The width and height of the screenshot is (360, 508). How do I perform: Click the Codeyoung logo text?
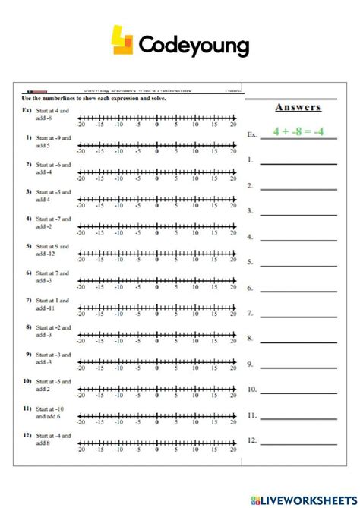[194, 46]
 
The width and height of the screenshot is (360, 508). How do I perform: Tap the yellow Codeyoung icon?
[122, 41]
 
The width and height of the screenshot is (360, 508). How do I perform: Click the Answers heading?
[298, 108]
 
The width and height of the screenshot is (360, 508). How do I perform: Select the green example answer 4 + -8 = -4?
[298, 131]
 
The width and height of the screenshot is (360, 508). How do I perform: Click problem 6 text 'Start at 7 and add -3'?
[52, 276]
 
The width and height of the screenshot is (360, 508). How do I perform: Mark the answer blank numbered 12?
[293, 441]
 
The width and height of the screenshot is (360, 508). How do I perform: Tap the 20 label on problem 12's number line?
[233, 450]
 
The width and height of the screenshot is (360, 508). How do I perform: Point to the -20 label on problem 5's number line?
[81, 260]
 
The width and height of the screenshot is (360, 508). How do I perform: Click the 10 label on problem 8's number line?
[195, 342]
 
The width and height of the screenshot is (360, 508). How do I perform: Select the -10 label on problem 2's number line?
[118, 179]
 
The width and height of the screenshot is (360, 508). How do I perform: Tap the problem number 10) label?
[27, 381]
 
